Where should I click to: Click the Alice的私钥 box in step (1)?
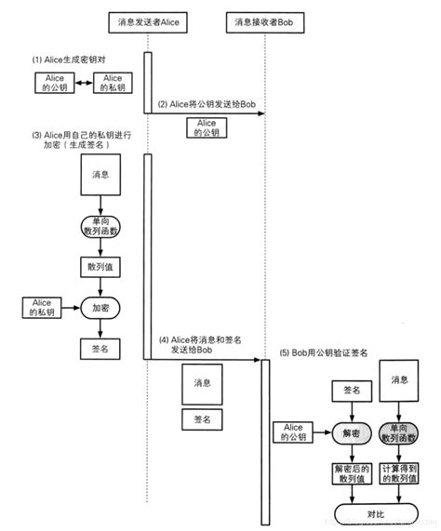tap(114, 83)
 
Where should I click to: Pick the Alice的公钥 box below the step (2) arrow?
tap(205, 127)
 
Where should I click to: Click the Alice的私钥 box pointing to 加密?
tap(41, 306)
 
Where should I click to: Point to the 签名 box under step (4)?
tap(202, 419)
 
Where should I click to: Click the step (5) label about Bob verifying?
tap(322, 353)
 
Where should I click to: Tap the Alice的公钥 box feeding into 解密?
tap(295, 431)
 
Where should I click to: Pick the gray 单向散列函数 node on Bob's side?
tap(400, 431)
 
